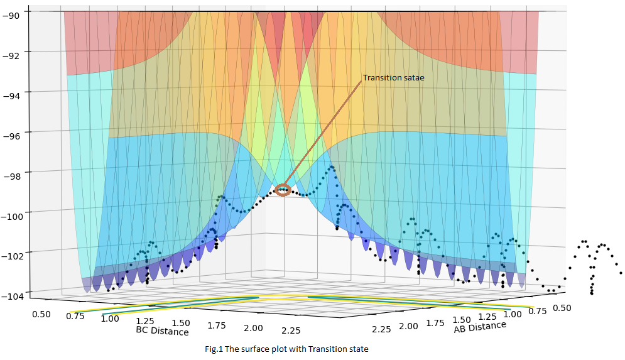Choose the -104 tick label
[x=12, y=296]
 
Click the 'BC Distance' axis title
[x=162, y=330]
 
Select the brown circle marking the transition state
[x=283, y=190]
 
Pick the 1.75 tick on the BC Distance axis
[x=215, y=325]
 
